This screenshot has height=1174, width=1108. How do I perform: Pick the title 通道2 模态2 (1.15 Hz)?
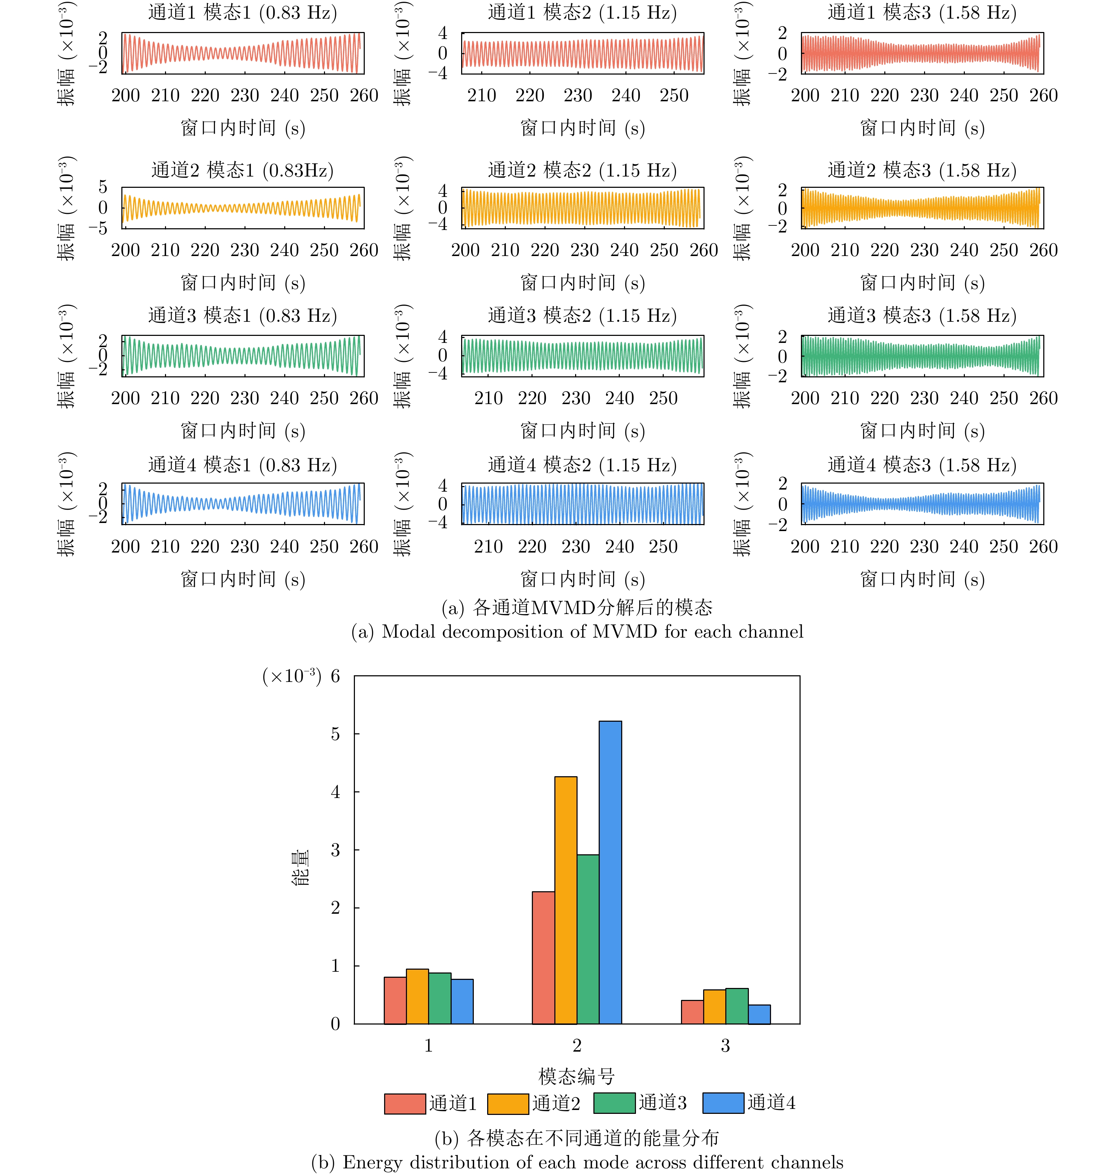(582, 171)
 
